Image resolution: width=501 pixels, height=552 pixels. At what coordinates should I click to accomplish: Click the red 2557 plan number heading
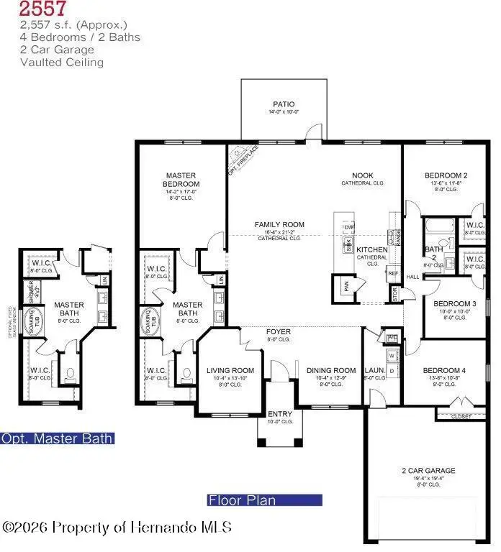click(x=43, y=9)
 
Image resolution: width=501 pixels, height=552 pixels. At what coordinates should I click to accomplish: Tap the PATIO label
click(x=284, y=104)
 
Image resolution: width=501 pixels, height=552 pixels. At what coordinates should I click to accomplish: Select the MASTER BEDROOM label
click(x=181, y=180)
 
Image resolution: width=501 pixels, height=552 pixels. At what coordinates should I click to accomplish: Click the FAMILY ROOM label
click(x=279, y=225)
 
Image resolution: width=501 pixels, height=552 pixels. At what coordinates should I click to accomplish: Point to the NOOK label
click(x=362, y=176)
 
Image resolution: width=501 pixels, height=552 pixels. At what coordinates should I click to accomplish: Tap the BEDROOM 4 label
click(x=446, y=370)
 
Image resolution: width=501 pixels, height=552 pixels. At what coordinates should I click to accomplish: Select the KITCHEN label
click(x=372, y=250)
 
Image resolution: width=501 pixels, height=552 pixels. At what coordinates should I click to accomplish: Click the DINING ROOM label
click(x=330, y=371)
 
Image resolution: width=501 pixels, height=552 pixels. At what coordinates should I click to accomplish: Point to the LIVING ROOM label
click(x=226, y=371)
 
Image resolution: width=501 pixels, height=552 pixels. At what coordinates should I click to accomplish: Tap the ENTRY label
click(x=280, y=415)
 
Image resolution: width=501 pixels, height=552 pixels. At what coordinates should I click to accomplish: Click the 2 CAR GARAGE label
click(x=428, y=471)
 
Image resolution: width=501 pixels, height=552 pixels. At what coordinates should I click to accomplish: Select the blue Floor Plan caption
click(x=242, y=500)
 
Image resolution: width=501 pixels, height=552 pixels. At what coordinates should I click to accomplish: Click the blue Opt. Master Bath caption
click(x=57, y=438)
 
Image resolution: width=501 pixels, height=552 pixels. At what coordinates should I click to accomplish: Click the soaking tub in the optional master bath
click(x=32, y=322)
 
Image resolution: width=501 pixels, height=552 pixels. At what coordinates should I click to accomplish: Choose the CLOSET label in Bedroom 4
click(x=461, y=416)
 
